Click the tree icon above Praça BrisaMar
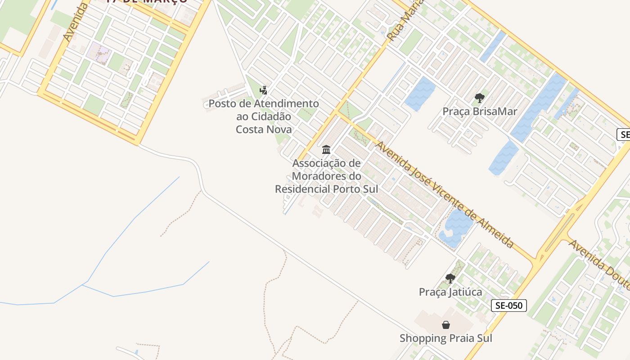(x=480, y=98)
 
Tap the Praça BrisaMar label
(x=480, y=111)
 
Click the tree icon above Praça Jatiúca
(x=450, y=279)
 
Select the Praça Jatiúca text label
(x=450, y=292)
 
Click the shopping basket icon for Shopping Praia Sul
(x=445, y=324)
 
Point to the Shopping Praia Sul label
(x=445, y=338)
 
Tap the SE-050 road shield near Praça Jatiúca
(x=508, y=306)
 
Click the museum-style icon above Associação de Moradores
(x=326, y=149)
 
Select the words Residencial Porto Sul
(x=326, y=189)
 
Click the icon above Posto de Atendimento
(x=264, y=90)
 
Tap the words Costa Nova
(x=264, y=130)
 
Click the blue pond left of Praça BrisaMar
(x=420, y=94)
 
